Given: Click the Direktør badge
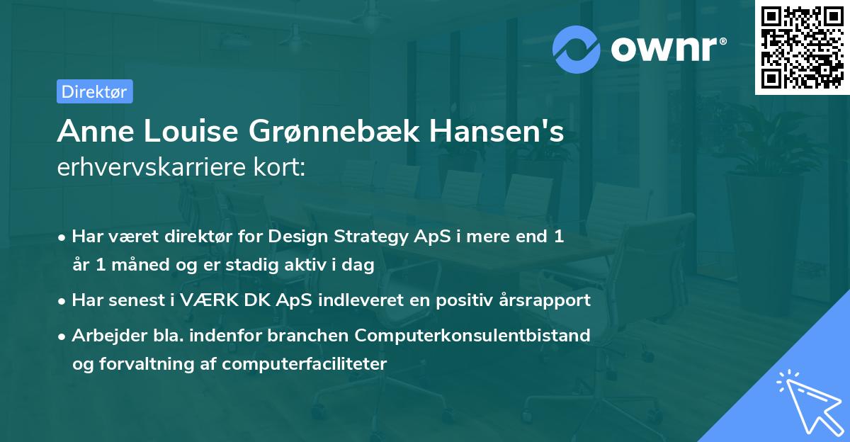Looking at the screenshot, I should [94, 91].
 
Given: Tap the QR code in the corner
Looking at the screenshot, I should [802, 47].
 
